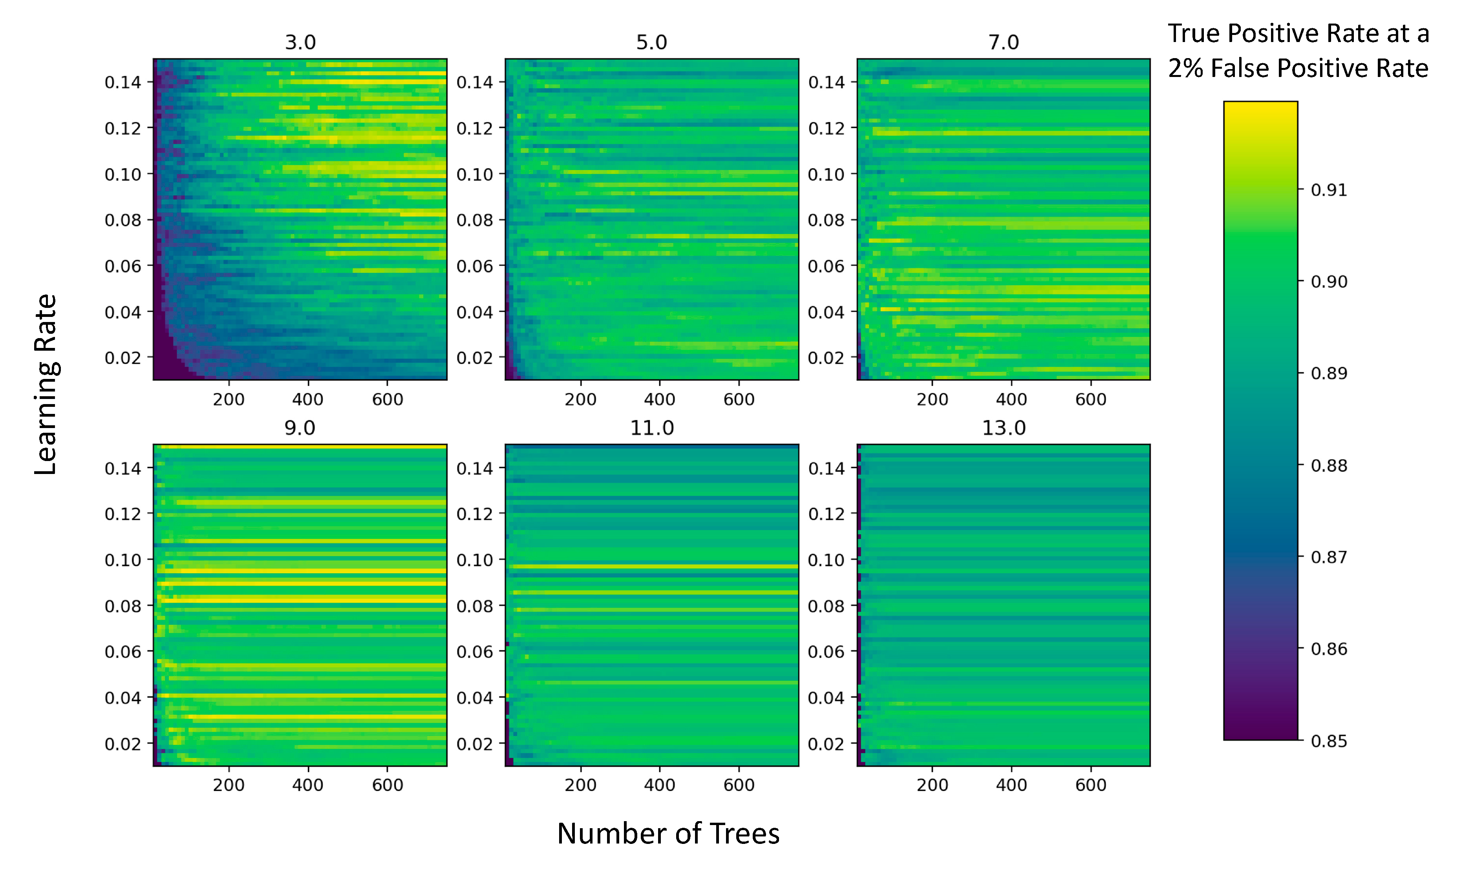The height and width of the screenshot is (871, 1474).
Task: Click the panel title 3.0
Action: point(300,42)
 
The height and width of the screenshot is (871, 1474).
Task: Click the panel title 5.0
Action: point(651,42)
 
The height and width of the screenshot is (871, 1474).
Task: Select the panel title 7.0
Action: point(1003,42)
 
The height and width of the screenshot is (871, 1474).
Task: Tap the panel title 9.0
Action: point(300,428)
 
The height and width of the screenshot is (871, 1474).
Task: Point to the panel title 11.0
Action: point(651,428)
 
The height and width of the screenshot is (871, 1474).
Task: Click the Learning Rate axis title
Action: point(46,384)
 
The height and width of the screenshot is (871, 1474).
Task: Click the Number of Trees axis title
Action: point(668,833)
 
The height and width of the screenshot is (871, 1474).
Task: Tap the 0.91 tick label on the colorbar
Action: point(1329,190)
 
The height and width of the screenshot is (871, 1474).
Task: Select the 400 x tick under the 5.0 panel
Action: point(660,400)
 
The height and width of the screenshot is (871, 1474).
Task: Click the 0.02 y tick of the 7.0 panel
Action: point(826,358)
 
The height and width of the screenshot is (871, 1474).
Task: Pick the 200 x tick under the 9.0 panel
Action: point(228,785)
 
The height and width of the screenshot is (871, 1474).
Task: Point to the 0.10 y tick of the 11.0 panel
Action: point(475,560)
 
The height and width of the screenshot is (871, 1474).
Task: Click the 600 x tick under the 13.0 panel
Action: point(1091,785)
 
